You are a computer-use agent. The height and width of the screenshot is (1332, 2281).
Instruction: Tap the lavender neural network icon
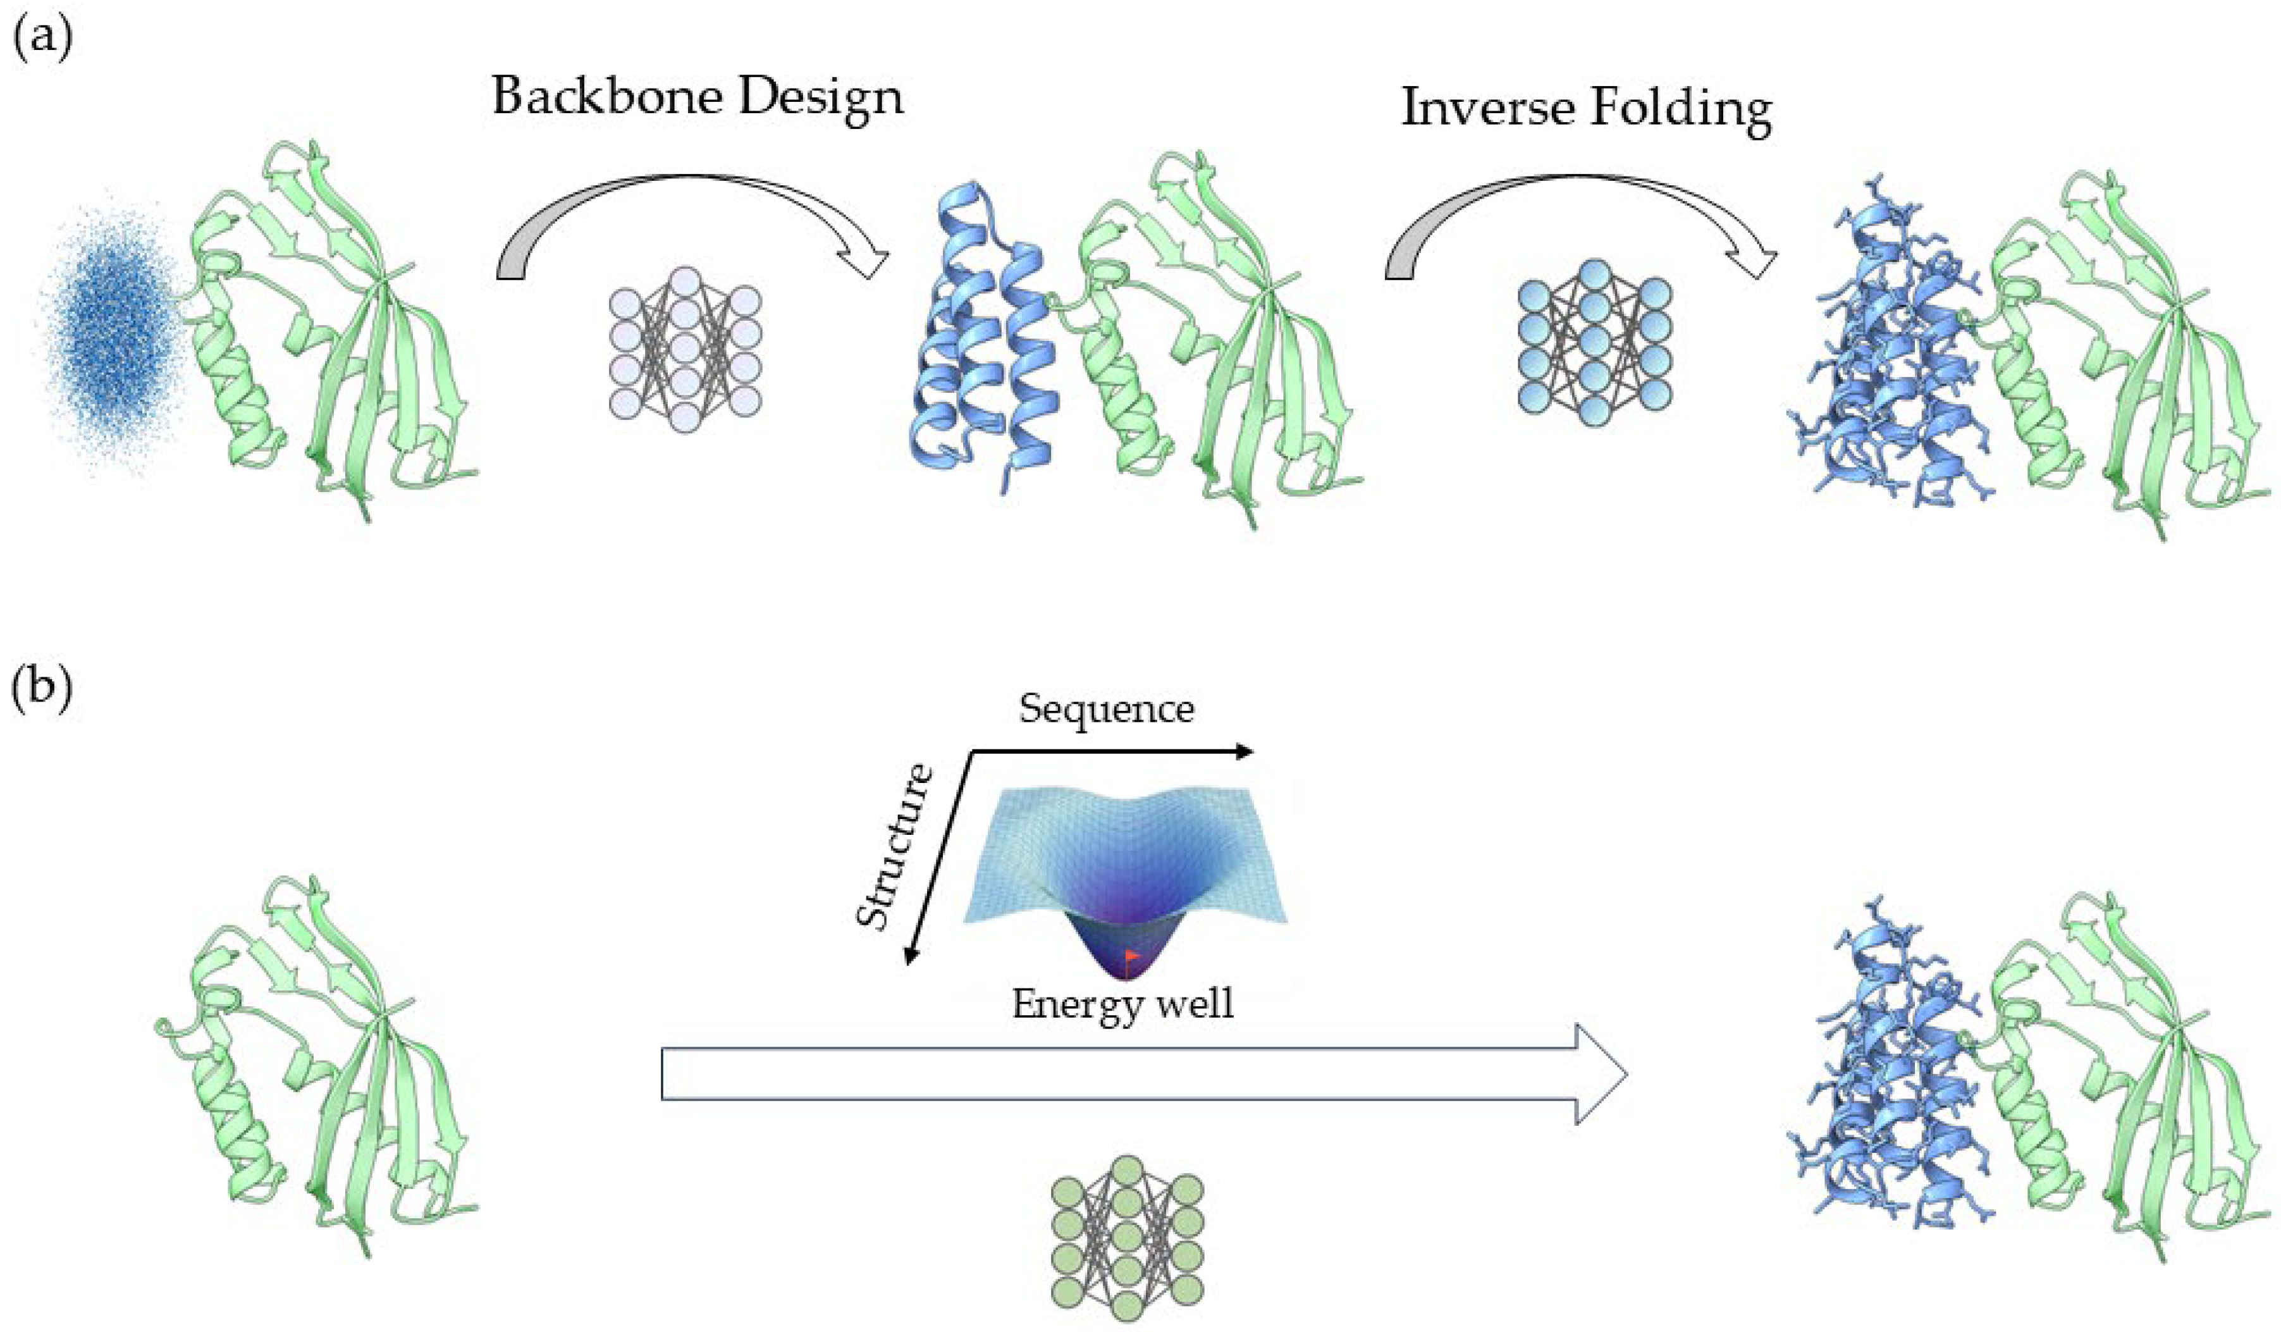point(686,348)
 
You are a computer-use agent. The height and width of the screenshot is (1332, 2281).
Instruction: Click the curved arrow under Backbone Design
point(688,218)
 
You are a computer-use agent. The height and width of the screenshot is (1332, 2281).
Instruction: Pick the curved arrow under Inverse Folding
point(1580,218)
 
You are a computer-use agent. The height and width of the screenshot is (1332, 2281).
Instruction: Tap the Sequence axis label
point(1106,709)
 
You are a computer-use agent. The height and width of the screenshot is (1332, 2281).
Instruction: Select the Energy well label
point(1122,1003)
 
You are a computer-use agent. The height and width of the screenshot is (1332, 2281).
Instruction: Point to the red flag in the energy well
point(1131,955)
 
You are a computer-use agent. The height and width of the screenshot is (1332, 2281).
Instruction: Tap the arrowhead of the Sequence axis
point(1246,751)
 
